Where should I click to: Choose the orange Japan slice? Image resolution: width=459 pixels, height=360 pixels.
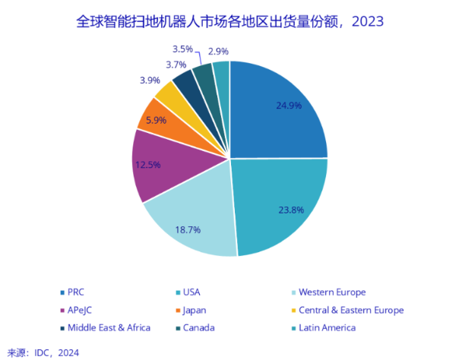pos(156,120)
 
